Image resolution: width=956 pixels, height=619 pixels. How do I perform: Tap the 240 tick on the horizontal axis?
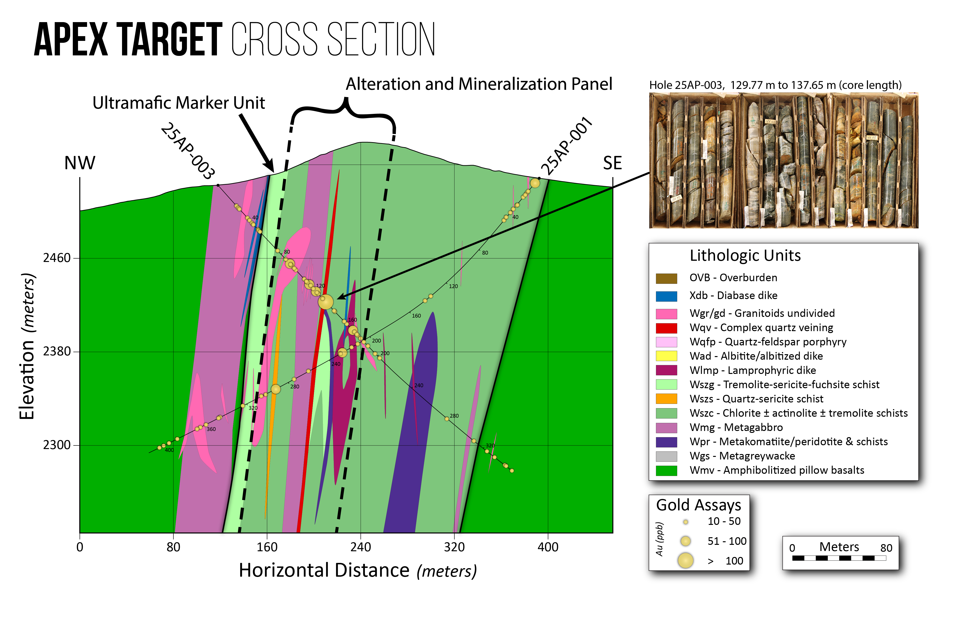360,547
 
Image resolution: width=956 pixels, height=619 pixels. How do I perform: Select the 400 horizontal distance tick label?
548,547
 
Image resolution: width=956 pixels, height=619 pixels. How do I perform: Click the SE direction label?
612,163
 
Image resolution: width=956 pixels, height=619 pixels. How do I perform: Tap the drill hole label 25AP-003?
188,151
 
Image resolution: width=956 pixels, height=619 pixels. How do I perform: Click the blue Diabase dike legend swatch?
666,296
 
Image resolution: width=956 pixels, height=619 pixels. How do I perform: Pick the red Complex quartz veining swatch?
666,328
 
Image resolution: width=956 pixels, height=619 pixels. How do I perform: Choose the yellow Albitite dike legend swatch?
666,356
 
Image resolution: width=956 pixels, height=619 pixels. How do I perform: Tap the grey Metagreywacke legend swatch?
666,456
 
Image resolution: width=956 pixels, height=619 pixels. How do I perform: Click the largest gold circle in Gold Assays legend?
686,560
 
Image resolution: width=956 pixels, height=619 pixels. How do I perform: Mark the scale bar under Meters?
839,558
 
